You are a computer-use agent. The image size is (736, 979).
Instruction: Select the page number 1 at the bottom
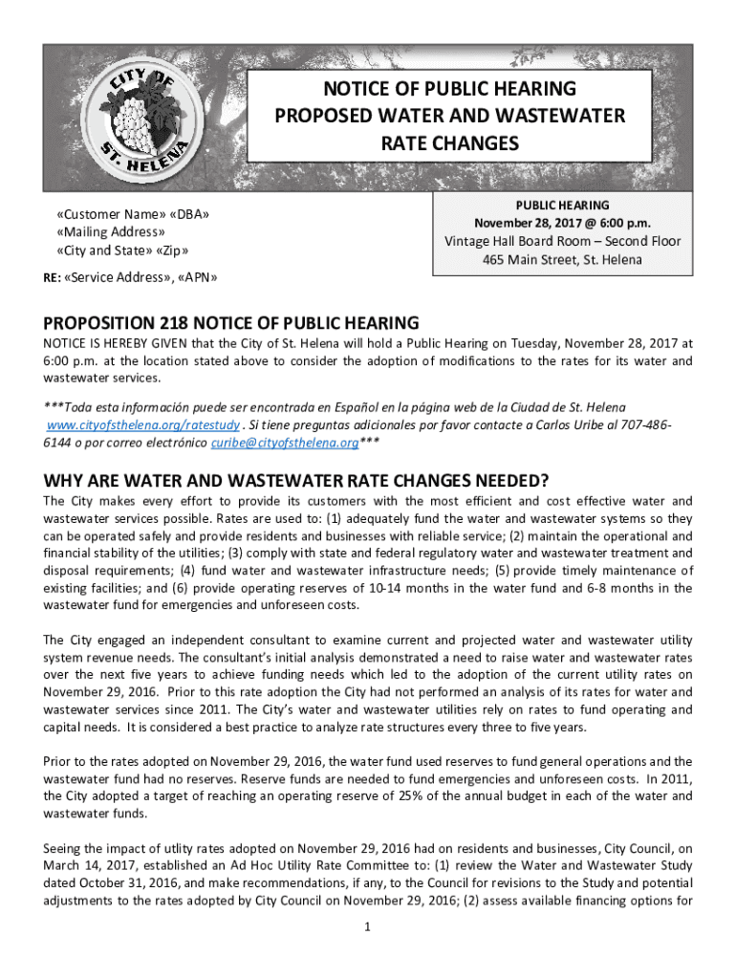[x=369, y=926]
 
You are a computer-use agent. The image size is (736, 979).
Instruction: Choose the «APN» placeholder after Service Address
[x=196, y=278]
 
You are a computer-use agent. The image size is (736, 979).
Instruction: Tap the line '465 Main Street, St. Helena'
[x=562, y=259]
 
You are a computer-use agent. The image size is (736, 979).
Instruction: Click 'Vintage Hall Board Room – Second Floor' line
[x=562, y=241]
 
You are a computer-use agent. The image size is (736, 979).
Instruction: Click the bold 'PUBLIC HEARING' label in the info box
[x=562, y=205]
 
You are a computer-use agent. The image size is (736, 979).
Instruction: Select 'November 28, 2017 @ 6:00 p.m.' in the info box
[x=562, y=223]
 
